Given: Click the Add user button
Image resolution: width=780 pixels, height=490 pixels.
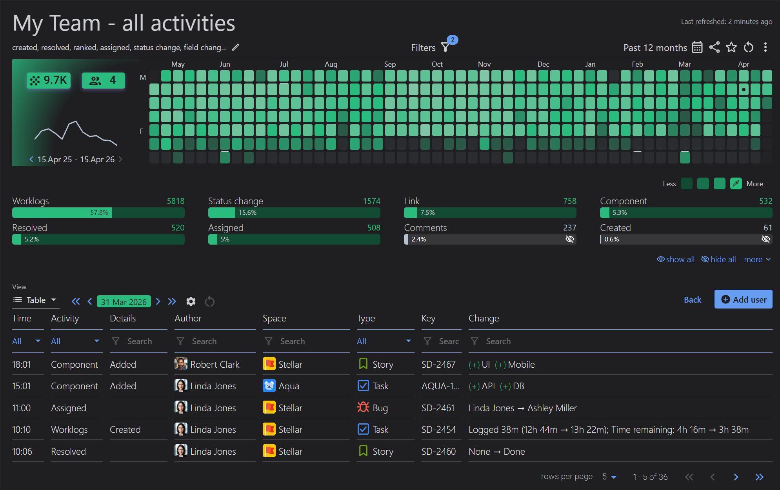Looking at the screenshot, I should point(743,299).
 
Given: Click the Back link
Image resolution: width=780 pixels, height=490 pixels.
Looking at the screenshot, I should point(692,300).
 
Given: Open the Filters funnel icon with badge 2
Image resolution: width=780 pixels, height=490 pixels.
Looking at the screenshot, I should point(445,47).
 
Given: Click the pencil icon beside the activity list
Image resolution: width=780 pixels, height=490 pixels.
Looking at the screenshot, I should point(235,47).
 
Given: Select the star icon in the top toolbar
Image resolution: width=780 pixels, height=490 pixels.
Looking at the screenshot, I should point(731,47).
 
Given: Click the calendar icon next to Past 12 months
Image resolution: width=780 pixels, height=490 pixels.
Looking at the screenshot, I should point(697,47).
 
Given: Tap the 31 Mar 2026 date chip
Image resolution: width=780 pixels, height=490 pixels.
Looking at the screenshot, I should point(124,301).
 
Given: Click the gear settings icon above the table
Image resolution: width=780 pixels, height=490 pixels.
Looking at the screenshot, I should point(191,301).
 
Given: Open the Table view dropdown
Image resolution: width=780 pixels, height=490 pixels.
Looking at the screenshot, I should point(35,300).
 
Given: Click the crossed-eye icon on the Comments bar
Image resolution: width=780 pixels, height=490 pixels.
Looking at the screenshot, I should point(569,239).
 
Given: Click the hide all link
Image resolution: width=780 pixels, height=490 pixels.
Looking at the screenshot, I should point(718,260).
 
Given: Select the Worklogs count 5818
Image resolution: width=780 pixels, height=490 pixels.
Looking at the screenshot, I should point(175,201).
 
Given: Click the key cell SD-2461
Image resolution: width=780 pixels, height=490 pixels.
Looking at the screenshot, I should point(438,408).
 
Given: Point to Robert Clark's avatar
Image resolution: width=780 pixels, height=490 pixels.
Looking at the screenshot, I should point(180,364).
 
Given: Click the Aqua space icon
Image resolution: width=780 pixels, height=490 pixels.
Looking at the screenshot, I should point(269,386).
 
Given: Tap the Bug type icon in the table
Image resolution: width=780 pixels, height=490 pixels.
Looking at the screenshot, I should point(363,408).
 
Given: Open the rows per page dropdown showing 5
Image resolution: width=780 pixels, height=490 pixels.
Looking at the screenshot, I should point(609,477).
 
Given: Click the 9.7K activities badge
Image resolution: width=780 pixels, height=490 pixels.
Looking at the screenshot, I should point(49,80).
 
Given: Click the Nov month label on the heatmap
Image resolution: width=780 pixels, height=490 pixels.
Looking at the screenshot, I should point(484,64).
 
